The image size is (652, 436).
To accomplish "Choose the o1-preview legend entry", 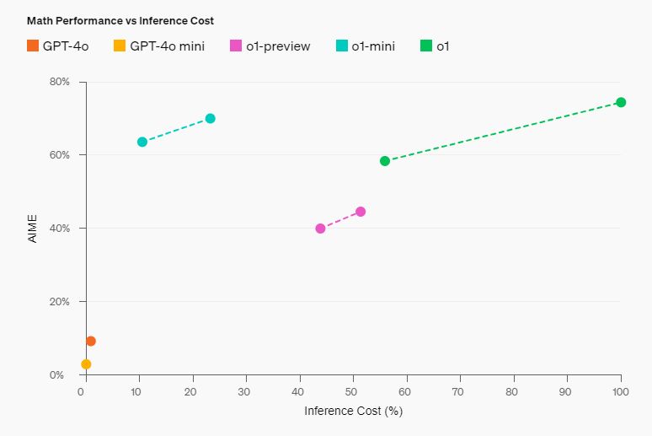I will tap(270, 46).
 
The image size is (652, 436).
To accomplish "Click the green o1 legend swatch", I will tap(425, 46).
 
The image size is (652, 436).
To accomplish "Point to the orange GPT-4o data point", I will tap(91, 341).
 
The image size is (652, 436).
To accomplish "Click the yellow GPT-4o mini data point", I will tap(86, 364).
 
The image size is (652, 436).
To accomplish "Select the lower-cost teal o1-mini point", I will tap(142, 142).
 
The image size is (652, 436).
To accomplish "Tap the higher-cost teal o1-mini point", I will tap(211, 118).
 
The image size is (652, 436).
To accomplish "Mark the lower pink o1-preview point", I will tap(320, 229).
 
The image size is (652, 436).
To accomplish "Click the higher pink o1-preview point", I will tap(361, 212).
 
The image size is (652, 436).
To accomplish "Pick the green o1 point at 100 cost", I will tap(621, 102).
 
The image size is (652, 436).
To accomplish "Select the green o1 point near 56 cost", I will tap(385, 161).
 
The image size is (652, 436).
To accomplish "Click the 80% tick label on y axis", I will tap(60, 82).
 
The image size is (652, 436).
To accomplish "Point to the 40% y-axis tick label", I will tap(60, 229).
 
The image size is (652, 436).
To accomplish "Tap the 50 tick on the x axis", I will tap(352, 392).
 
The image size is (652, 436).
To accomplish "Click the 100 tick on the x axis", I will tap(621, 392).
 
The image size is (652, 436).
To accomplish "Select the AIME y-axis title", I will tap(33, 229).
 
